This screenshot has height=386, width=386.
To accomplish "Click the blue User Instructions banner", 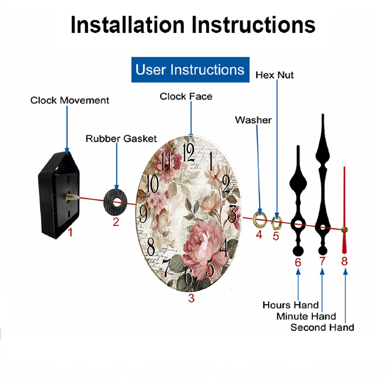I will tap(190, 70).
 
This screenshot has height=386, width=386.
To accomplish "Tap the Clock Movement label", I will tap(70, 100).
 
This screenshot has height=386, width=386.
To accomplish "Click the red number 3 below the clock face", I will tap(191, 298).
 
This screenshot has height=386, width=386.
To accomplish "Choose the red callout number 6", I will tap(298, 262).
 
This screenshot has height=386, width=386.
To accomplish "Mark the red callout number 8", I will tap(344, 261).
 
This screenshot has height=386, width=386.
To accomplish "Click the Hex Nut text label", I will tap(274, 75).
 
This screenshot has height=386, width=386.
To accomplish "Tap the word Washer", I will tap(253, 120).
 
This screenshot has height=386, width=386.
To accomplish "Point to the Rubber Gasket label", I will tap(121, 138).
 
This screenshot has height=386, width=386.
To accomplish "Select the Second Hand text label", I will tap(322, 328).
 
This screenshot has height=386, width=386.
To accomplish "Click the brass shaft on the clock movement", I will tap(71, 197).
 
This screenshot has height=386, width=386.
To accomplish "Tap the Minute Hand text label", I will tap(306, 317).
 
